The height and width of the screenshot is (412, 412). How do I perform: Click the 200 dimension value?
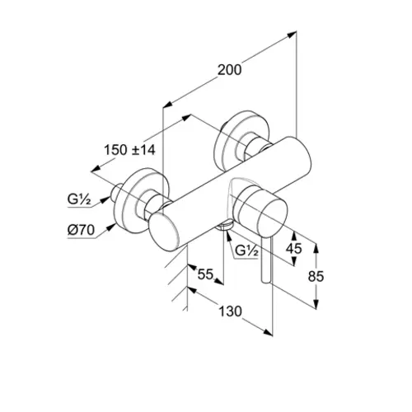pyautogui.click(x=230, y=70)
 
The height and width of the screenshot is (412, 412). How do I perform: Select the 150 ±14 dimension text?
pyautogui.click(x=129, y=150)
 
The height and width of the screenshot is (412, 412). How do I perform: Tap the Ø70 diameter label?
pyautogui.click(x=81, y=230)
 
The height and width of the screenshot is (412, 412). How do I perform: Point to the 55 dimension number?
pyautogui.click(x=205, y=274)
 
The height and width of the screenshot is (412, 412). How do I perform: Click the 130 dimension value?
pyautogui.click(x=230, y=311)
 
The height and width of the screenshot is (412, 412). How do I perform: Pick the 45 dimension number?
pyautogui.click(x=293, y=249)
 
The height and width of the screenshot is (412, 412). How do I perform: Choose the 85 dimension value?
pyautogui.click(x=316, y=276)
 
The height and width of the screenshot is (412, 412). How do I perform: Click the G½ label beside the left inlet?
pyautogui.click(x=79, y=199)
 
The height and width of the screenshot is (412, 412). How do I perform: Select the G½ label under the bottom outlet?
pyautogui.click(x=246, y=250)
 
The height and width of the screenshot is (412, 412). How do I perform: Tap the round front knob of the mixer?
pyautogui.click(x=260, y=209)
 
